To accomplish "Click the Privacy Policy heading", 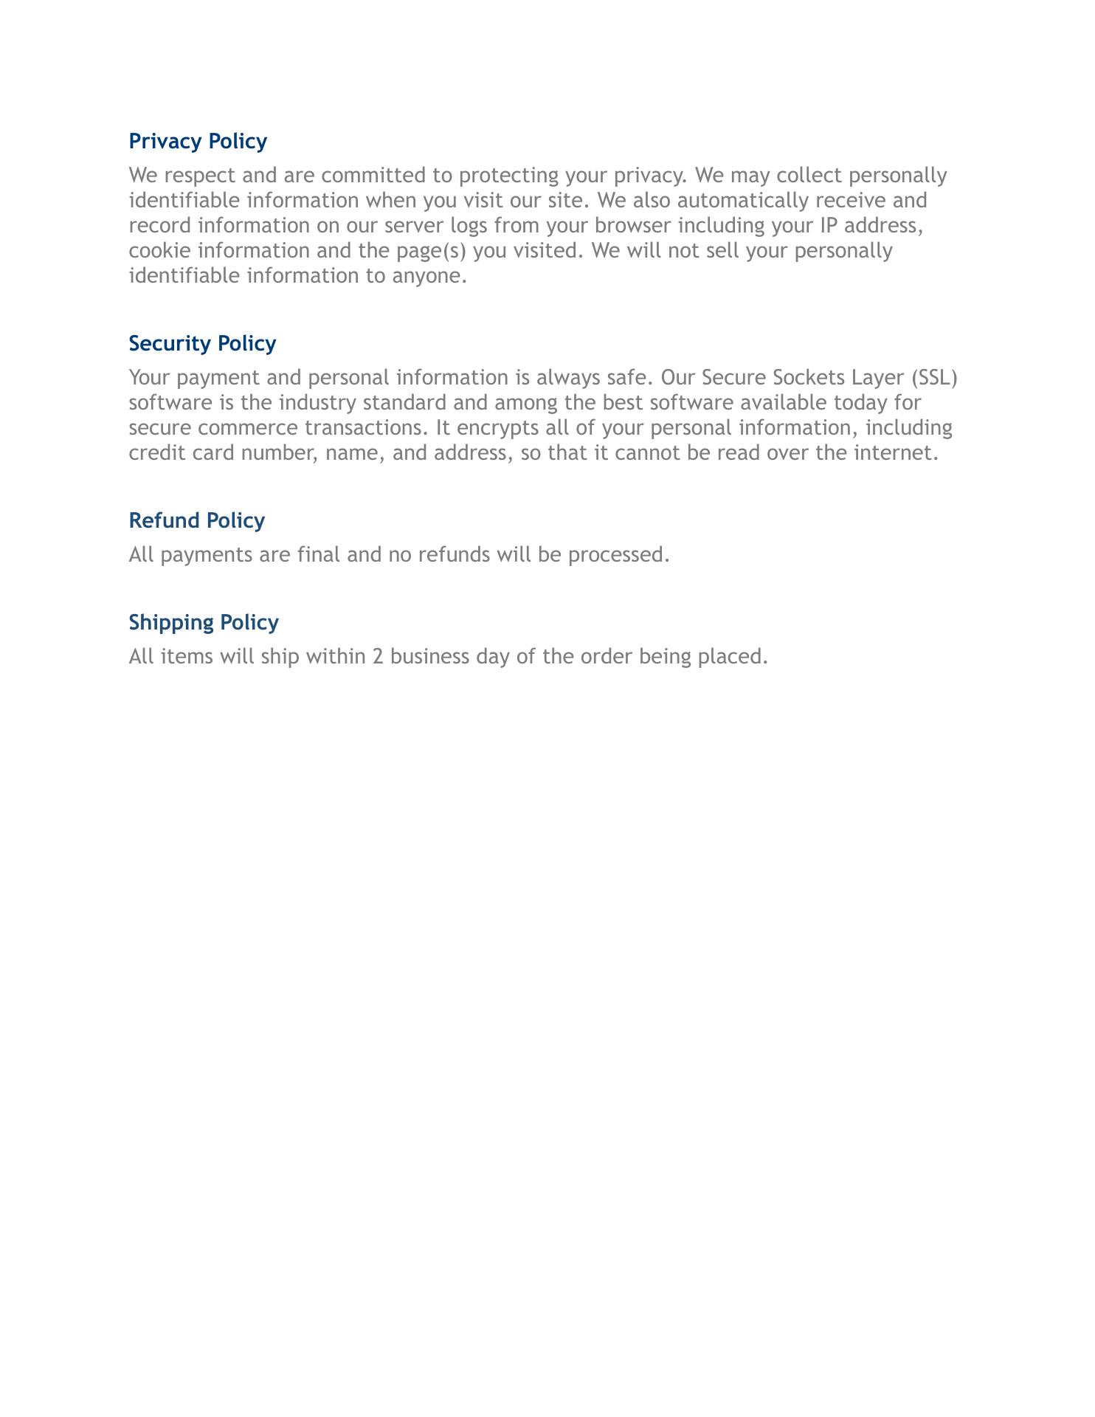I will click(x=198, y=141).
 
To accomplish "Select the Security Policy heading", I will click(x=202, y=343).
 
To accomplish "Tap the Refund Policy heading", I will click(x=196, y=520).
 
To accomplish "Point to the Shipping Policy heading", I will click(x=204, y=622).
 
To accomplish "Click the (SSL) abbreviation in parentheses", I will click(x=934, y=378).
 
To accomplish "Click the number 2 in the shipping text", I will click(x=378, y=657).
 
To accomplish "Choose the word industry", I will click(x=317, y=403).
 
